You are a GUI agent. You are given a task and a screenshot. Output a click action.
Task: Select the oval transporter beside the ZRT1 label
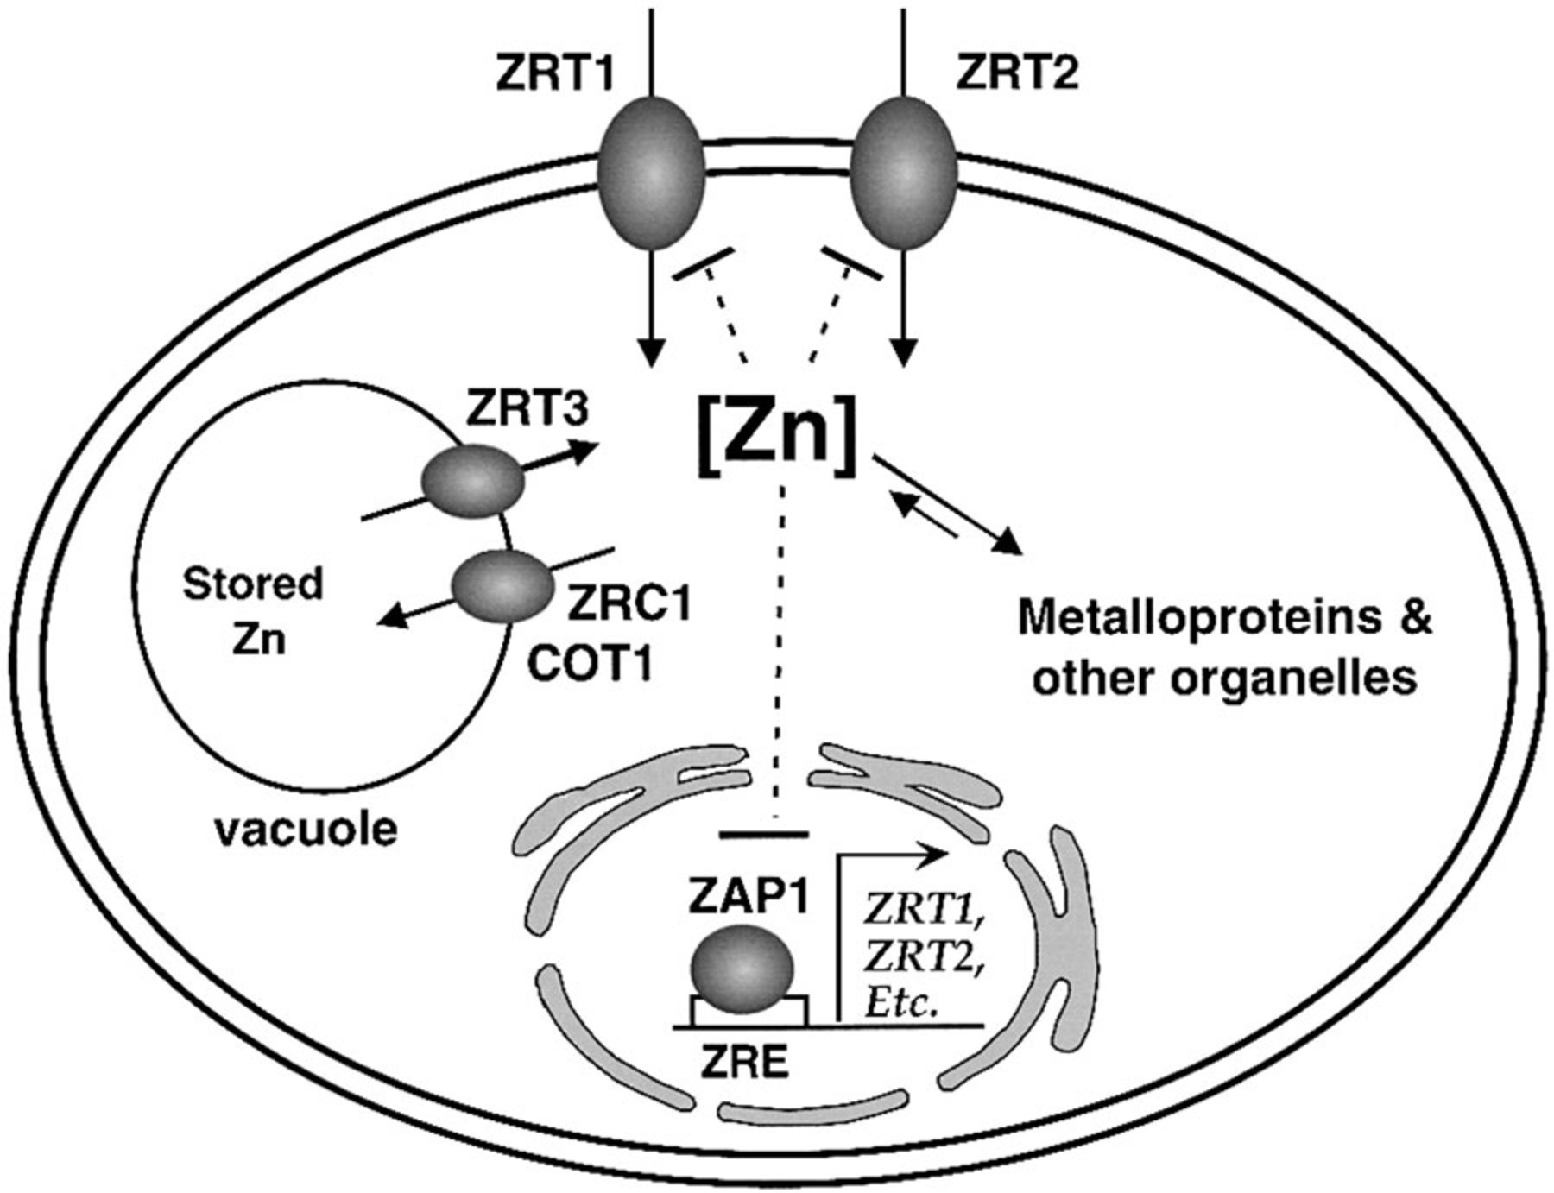tap(651, 173)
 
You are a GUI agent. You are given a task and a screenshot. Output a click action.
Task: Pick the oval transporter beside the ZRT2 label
tap(904, 173)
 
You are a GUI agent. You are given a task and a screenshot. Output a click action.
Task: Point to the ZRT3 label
tap(527, 408)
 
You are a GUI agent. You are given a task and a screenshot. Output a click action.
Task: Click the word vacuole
tap(306, 830)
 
